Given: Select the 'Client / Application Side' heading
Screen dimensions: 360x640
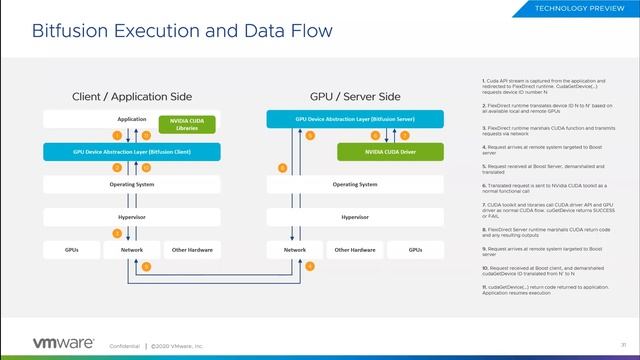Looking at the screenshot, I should coord(132,97).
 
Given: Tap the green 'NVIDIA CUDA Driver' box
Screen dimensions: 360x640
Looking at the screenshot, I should coord(390,151).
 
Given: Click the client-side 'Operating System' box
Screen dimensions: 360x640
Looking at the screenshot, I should coord(132,184).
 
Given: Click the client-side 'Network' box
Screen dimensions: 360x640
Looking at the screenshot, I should coord(132,249).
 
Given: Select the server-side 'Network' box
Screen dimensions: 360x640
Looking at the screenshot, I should coord(294,249).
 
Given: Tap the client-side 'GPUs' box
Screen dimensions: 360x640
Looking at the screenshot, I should coord(72,249).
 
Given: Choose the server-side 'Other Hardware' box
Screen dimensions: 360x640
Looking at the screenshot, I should coord(354,249).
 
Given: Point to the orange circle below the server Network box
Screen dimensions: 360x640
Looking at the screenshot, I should coord(309,266).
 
